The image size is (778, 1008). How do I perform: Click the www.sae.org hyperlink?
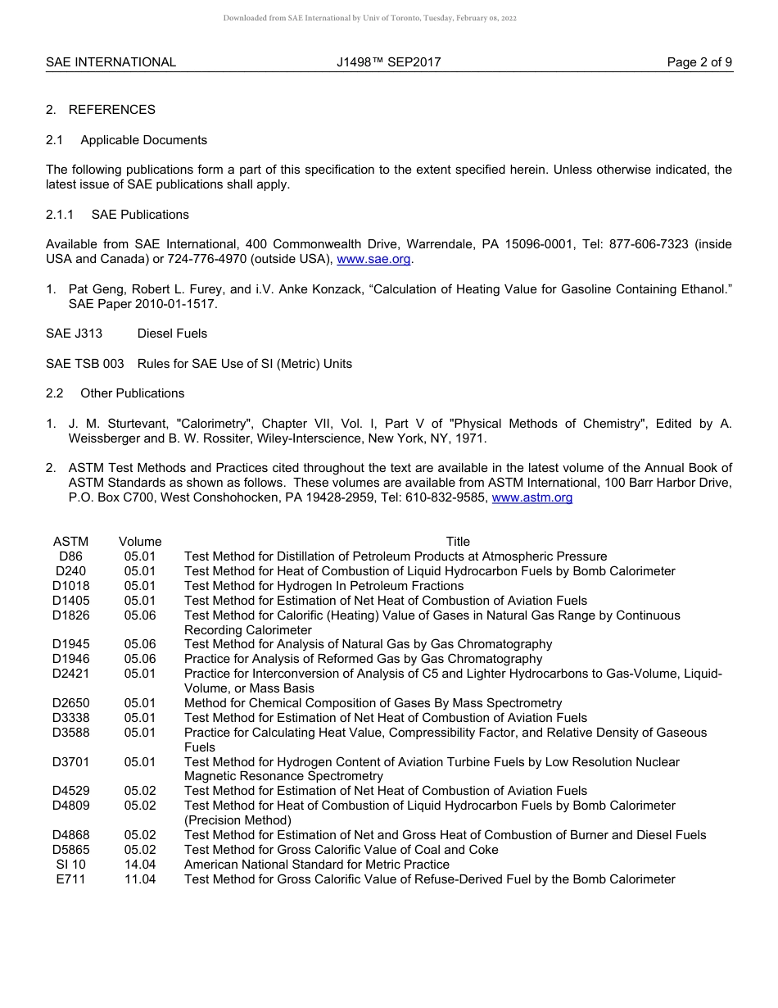(373, 259)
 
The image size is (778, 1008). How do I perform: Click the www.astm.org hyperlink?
(531, 497)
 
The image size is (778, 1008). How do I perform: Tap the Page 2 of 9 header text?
(699, 62)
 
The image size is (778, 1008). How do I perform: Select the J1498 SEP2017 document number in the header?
(388, 62)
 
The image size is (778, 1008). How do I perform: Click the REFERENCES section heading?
(111, 110)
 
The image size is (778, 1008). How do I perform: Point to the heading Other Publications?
(132, 393)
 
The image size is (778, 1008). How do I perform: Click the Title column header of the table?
(458, 542)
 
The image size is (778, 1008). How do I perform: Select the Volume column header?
(140, 542)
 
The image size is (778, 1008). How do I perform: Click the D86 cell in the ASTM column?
(70, 556)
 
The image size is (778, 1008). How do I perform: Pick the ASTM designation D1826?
(70, 615)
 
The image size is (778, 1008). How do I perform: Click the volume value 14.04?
(140, 865)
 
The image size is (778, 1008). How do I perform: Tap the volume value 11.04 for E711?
(140, 879)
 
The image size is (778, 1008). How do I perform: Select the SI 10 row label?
(70, 865)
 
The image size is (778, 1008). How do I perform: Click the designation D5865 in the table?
(70, 850)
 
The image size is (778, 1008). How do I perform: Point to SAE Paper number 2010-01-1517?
(179, 304)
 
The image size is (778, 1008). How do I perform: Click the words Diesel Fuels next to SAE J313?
(172, 334)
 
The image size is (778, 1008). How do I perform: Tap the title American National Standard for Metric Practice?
(317, 865)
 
